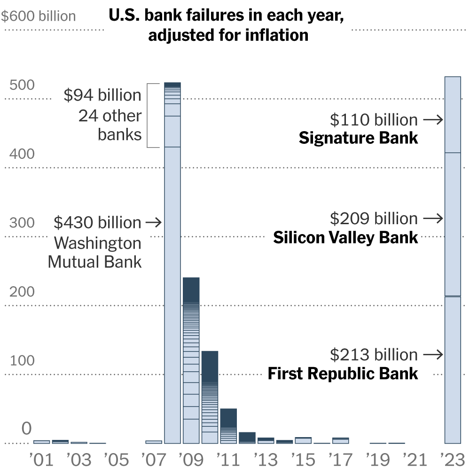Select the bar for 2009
(x=191, y=360)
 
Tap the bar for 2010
(x=210, y=397)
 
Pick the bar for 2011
(x=228, y=426)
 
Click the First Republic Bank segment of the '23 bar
(x=453, y=369)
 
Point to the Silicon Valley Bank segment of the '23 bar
(x=453, y=224)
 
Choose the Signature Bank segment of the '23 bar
(x=453, y=115)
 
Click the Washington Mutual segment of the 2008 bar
(x=172, y=295)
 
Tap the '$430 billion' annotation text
(x=97, y=222)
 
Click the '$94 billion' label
(x=102, y=95)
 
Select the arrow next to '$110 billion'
(x=433, y=120)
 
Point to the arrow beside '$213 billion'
(x=433, y=354)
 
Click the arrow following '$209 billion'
(x=433, y=218)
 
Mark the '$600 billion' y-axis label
(x=38, y=16)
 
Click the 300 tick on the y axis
(x=22, y=222)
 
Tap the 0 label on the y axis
(x=26, y=429)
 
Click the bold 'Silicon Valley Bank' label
(x=345, y=238)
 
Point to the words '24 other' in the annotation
(x=110, y=116)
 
